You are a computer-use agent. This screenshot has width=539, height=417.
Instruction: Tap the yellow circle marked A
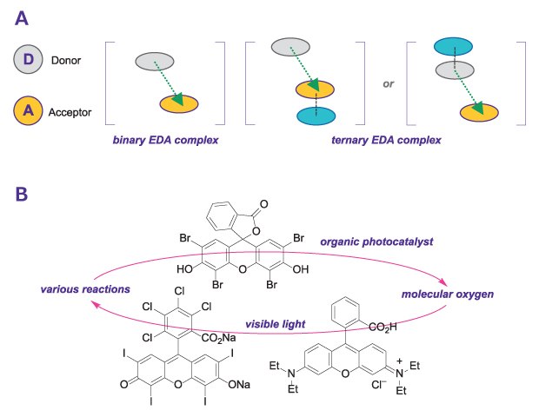(x=29, y=110)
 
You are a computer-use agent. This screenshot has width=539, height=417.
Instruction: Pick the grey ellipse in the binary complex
(x=154, y=61)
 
